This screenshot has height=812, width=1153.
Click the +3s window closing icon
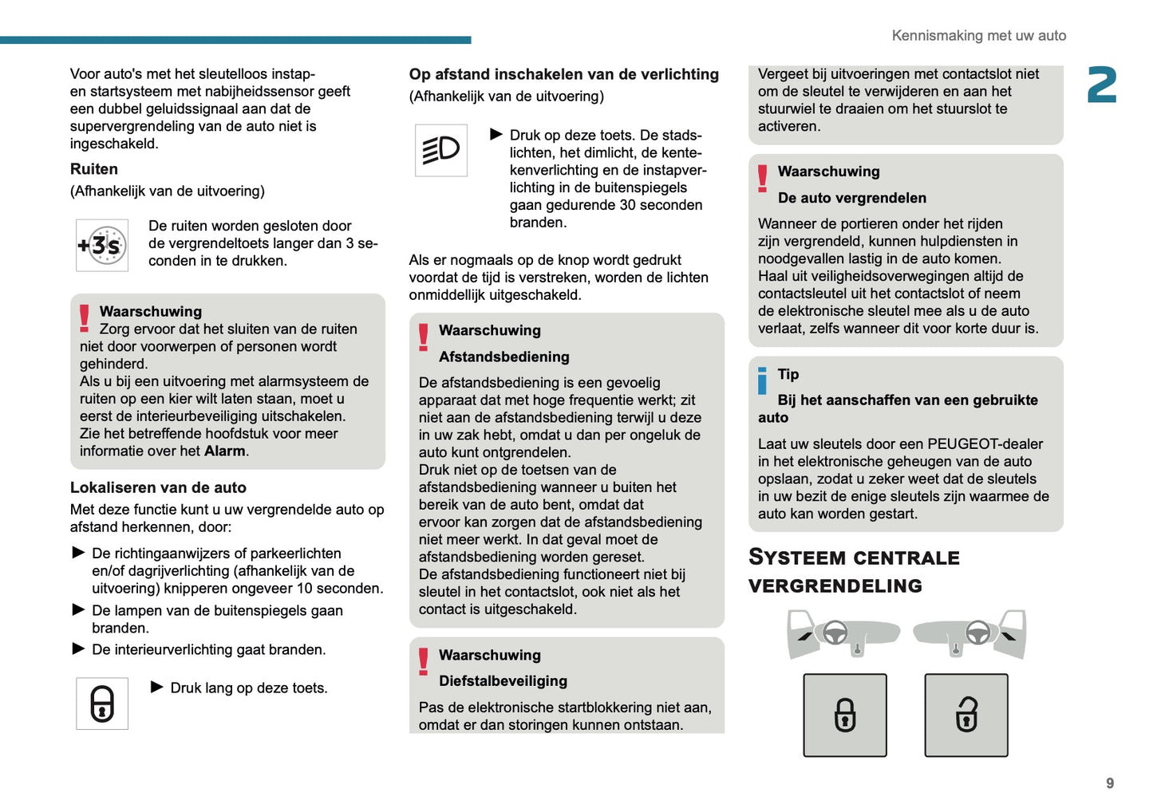click(101, 246)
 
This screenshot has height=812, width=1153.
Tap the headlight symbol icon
click(440, 150)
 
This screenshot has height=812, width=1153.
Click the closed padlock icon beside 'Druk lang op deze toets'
click(101, 704)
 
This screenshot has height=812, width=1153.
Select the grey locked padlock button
click(844, 715)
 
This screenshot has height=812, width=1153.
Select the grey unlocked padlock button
click(965, 715)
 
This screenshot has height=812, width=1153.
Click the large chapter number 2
click(1101, 85)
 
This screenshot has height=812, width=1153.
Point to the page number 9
click(1109, 783)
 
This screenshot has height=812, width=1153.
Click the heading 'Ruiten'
click(94, 169)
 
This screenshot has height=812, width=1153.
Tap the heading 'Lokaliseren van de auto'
click(158, 487)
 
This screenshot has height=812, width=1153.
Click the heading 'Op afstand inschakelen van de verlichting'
click(563, 74)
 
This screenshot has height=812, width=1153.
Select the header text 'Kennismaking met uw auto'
click(978, 36)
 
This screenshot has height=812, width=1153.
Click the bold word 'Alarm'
click(225, 451)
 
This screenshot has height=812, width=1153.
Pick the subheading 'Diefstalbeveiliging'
click(503, 681)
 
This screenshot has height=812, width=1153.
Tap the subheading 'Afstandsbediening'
click(503, 357)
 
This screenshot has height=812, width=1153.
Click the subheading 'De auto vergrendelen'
click(851, 198)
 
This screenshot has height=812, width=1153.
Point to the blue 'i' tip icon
click(762, 380)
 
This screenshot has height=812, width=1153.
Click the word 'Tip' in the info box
click(788, 374)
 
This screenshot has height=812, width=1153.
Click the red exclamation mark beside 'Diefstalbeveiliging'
click(423, 661)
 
